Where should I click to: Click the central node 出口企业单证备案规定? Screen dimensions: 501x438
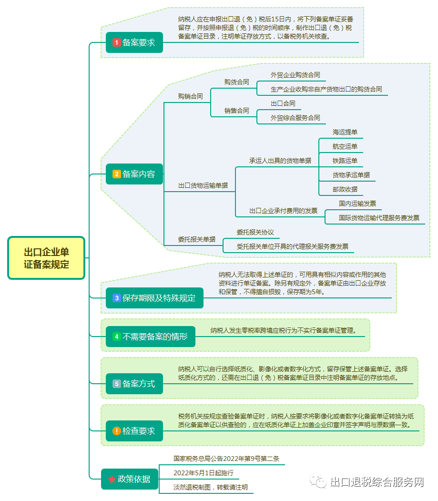pyautogui.click(x=46, y=258)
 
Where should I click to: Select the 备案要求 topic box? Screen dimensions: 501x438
pyautogui.click(x=134, y=42)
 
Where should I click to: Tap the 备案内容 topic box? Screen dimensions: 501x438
pyautogui.click(x=134, y=174)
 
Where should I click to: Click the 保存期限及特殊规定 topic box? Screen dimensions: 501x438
pyautogui.click(x=154, y=298)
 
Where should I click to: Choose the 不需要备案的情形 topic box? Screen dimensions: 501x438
pyautogui.click(x=150, y=337)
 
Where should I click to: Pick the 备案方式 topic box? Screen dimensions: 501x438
pyautogui.click(x=134, y=383)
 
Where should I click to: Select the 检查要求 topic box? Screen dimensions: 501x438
pyautogui.click(x=134, y=431)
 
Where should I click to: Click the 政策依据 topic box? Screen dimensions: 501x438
pyautogui.click(x=129, y=479)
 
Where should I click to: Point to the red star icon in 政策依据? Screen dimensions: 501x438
pyautogui.click(x=112, y=479)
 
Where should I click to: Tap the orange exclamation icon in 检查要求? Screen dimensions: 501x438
pyautogui.click(x=116, y=431)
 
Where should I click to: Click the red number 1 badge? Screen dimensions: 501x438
pyautogui.click(x=116, y=42)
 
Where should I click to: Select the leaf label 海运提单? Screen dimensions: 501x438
pyautogui.click(x=345, y=132)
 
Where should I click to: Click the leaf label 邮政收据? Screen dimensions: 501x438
pyautogui.click(x=345, y=189)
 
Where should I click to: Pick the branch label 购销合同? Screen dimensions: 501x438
pyautogui.click(x=190, y=96)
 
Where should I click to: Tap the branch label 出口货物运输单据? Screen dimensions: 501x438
pyautogui.click(x=203, y=185)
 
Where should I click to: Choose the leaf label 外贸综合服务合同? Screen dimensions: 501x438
pyautogui.click(x=295, y=118)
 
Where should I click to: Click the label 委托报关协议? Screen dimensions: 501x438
pyautogui.click(x=255, y=232)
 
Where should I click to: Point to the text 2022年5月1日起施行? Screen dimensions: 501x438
pyautogui.click(x=204, y=473)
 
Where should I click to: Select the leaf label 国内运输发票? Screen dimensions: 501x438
pyautogui.click(x=357, y=204)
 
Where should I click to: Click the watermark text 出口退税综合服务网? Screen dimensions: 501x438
pyautogui.click(x=377, y=482)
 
